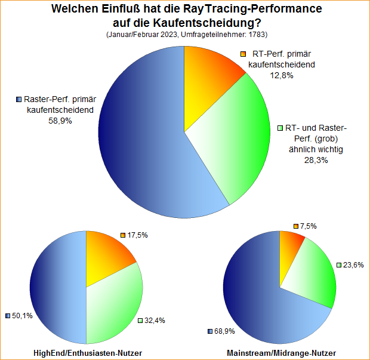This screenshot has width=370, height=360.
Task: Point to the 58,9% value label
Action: coord(60,120)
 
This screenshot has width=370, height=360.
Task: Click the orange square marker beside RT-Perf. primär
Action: coord(243,54)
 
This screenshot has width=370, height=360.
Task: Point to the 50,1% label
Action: coord(23,315)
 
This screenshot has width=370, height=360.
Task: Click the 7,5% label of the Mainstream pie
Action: coord(308,226)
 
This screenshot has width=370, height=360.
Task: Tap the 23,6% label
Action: coord(352,264)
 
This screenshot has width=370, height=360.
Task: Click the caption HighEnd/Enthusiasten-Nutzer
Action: coord(88,353)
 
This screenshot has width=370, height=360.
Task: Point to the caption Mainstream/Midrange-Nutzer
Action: coord(281,353)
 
